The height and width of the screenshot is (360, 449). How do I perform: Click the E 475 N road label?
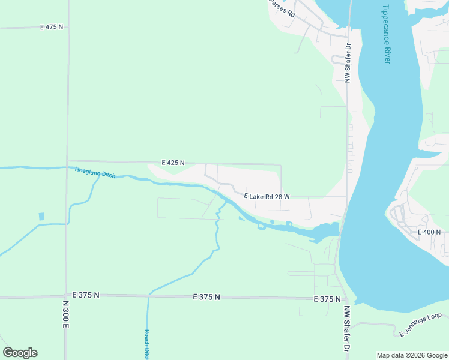pos(52,27)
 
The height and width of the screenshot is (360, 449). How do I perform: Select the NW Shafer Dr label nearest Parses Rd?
pos(348,62)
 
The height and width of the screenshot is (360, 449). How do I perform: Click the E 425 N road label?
pos(173,163)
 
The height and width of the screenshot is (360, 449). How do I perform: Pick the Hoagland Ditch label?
pos(95,173)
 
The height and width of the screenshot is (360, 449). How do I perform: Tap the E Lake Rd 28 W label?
pos(267,196)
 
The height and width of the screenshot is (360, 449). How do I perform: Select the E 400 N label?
pos(429,232)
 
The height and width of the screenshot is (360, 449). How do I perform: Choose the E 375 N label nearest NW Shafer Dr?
pos(327,299)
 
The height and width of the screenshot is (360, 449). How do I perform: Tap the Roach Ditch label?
pos(146,344)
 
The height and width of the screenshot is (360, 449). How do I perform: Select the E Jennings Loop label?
pos(420,325)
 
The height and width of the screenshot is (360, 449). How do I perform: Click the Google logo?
pos(20,353)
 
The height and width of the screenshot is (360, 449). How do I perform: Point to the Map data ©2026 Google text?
pos(412,355)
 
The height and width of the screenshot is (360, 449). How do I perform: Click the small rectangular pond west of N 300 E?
pos(41,216)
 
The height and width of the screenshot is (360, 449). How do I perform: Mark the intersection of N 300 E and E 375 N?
pos(65,296)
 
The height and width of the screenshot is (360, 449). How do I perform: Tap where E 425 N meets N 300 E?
pos(68,161)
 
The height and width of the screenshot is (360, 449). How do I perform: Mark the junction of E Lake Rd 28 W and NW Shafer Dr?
pos(347,196)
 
